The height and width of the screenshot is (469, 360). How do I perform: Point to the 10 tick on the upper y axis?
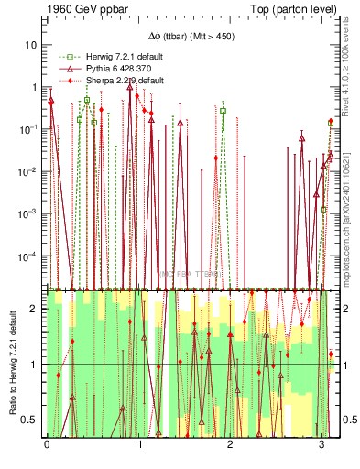click(x=31, y=45)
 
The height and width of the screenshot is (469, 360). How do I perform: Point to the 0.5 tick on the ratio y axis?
click(x=31, y=420)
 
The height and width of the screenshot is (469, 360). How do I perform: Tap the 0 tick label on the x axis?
click(x=47, y=444)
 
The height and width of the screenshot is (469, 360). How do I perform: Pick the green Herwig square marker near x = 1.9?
click(x=223, y=111)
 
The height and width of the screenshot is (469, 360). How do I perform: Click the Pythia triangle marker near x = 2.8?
click(x=302, y=139)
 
